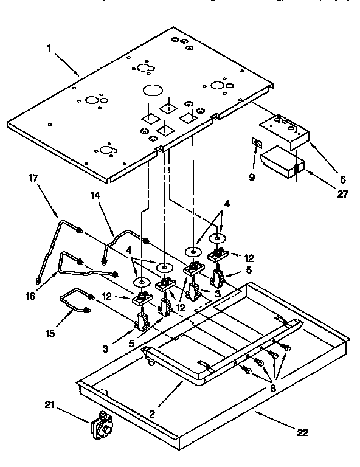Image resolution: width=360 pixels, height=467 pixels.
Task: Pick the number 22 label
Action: pyautogui.click(x=302, y=432)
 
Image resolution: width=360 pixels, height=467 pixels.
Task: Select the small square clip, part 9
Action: pyautogui.click(x=257, y=144)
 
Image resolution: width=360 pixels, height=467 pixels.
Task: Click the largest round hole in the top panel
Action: pyautogui.click(x=152, y=91)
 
